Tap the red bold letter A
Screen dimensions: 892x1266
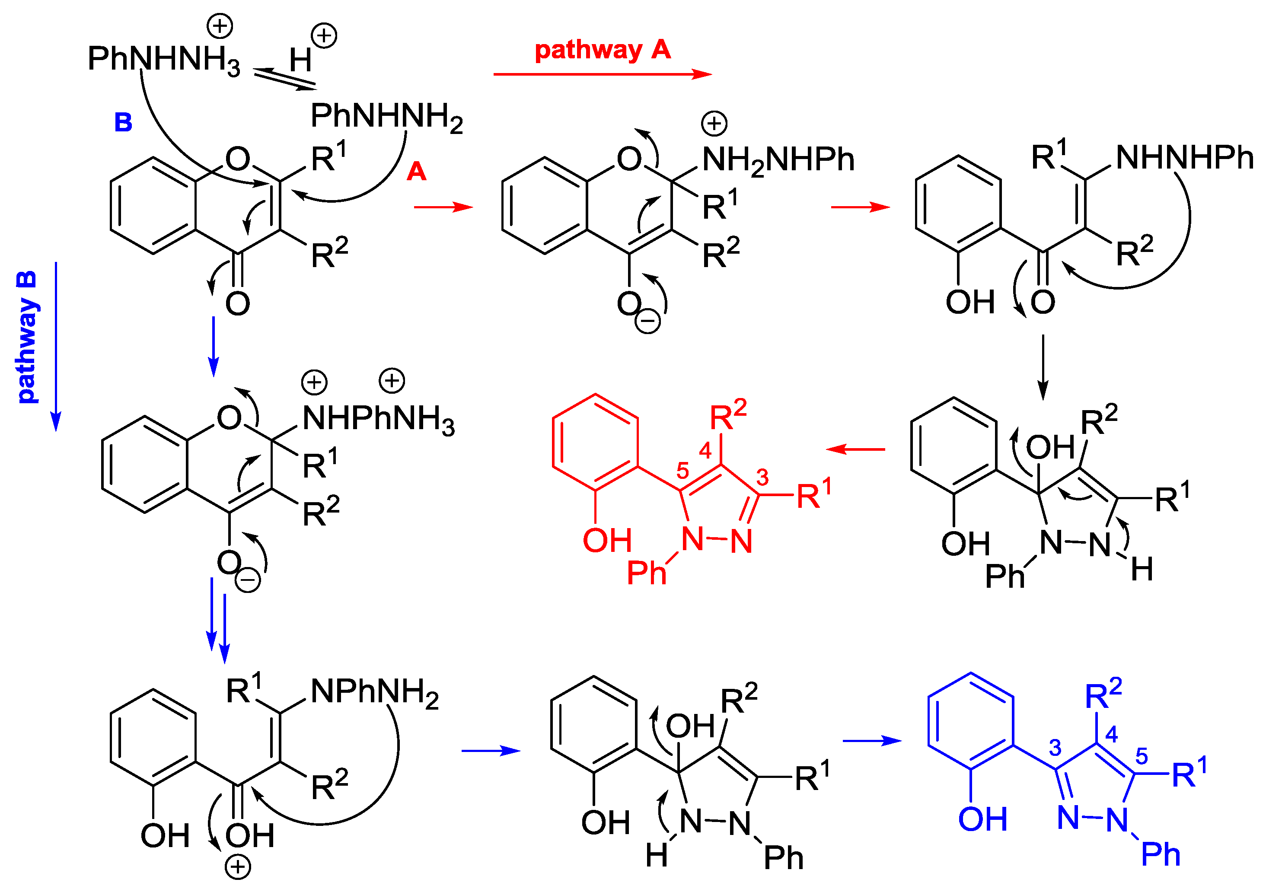[x=416, y=172]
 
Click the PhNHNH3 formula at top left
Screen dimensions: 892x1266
[x=164, y=60]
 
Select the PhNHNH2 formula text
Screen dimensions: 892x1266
[x=386, y=117]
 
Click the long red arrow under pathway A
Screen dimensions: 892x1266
[x=602, y=74]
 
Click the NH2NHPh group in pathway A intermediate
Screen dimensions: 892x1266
[x=778, y=160]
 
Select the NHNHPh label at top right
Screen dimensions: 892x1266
[x=1184, y=158]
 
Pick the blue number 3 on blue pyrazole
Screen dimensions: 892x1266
[x=1055, y=748]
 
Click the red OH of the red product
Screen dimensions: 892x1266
[x=606, y=540]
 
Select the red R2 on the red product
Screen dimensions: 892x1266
[x=727, y=416]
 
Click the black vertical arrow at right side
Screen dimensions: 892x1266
[x=1043, y=366]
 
